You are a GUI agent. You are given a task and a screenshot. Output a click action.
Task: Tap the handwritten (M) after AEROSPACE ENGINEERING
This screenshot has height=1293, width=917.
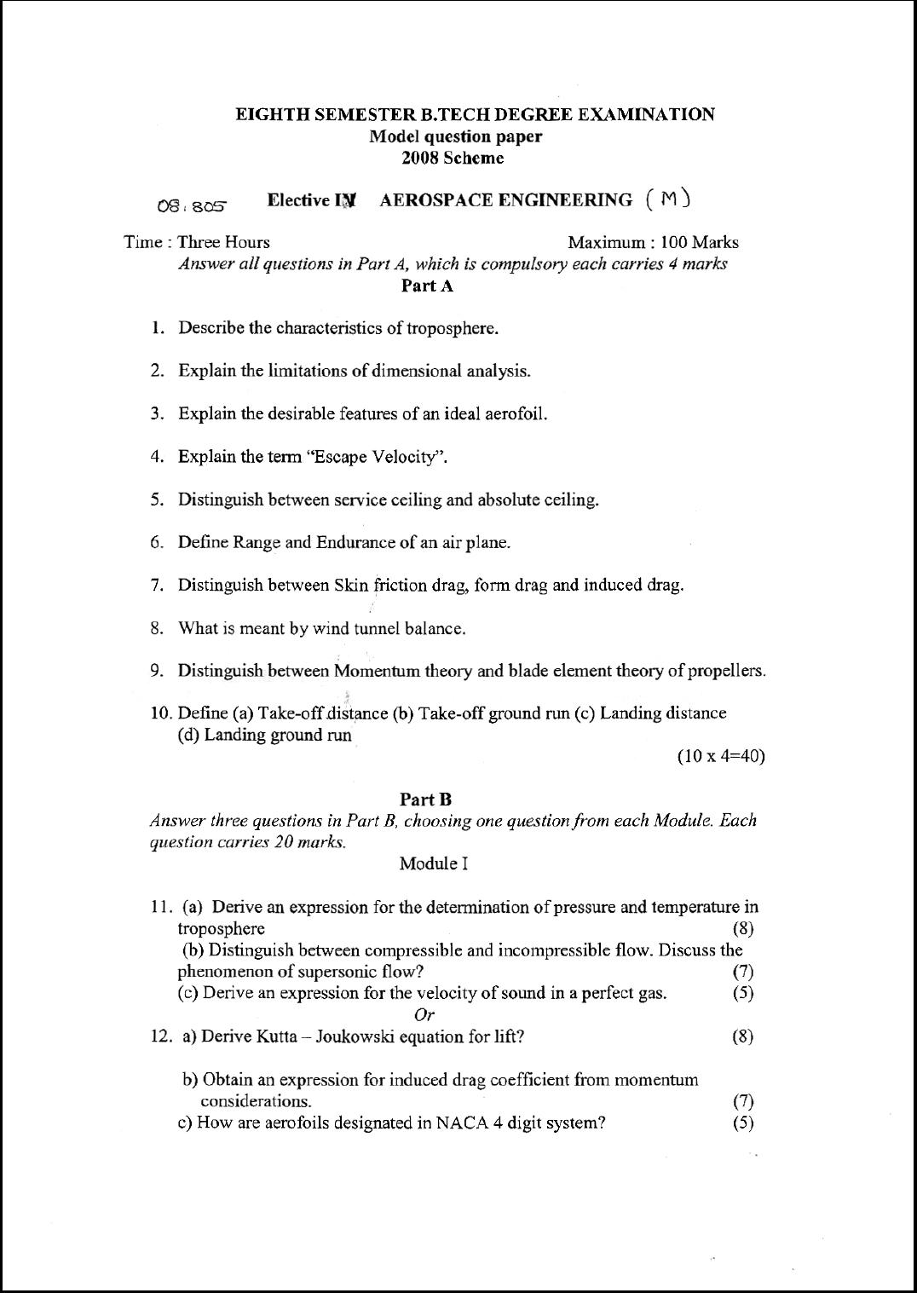pyautogui.click(x=668, y=199)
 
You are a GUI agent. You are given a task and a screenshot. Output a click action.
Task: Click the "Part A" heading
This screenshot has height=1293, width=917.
pyautogui.click(x=427, y=286)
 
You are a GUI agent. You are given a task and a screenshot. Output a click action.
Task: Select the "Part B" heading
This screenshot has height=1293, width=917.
pyautogui.click(x=425, y=799)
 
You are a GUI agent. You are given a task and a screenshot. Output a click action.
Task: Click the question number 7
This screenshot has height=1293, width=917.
pyautogui.click(x=157, y=586)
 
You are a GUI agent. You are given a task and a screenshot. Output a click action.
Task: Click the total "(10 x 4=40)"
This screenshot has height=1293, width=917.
pyautogui.click(x=720, y=756)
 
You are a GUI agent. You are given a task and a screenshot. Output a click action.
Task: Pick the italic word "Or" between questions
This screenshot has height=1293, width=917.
pyautogui.click(x=424, y=1014)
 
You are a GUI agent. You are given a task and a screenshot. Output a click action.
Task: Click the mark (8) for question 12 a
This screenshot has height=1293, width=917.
pyautogui.click(x=743, y=1036)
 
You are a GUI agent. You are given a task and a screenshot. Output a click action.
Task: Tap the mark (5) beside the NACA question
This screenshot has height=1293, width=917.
pyautogui.click(x=743, y=1123)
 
